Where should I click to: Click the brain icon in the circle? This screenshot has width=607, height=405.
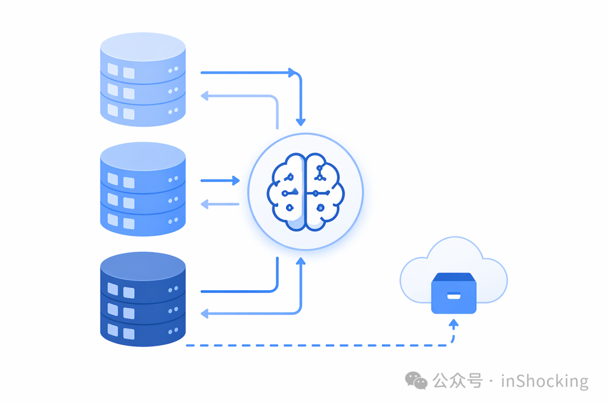pos(305,192)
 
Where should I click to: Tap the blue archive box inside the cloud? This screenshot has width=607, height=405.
pos(454,293)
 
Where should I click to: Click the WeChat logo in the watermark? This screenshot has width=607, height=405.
pos(416,381)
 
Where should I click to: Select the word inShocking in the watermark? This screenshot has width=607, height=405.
pos(545,381)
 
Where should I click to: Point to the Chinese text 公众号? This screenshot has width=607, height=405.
pos(457,381)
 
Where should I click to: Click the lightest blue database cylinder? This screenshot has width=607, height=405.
pos(143,79)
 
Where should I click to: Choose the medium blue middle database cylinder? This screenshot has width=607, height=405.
pos(143,189)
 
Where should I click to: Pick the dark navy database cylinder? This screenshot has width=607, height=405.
pos(143,299)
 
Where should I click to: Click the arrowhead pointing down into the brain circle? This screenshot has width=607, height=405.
pos(301,122)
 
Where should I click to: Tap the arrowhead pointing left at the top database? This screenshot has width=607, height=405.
pos(205,96)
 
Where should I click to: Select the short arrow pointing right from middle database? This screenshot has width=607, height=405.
pos(220,181)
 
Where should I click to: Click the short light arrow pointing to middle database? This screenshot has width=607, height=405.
pos(220,204)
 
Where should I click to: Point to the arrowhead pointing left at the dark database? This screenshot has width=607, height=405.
pos(205,313)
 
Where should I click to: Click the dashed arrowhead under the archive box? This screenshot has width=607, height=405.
pos(454,323)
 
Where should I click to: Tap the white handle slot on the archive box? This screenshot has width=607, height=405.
pos(454,296)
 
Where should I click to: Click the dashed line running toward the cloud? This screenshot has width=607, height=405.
pos(318,345)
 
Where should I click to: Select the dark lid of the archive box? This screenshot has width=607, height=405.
pos(454,277)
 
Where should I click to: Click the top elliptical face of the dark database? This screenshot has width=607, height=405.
pos(143,266)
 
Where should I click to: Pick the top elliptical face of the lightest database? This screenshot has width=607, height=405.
pos(143,47)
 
